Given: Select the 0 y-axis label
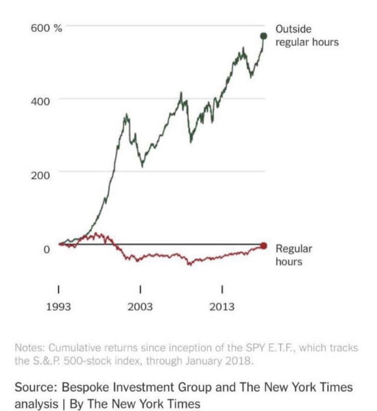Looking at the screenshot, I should click(46, 250).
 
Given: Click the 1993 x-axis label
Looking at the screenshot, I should click(59, 307).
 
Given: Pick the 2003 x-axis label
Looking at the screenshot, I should click(140, 307).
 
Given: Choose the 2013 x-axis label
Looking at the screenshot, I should click(222, 307).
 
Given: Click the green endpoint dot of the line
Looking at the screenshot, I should click(264, 35).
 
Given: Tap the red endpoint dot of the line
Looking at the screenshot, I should click(264, 246).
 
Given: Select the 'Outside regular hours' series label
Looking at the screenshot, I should click(307, 35).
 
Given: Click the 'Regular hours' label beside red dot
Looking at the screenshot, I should click(294, 255).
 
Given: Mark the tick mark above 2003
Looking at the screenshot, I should click(140, 288).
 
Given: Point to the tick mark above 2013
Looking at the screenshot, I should click(222, 288).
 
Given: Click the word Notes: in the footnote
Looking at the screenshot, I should click(30, 348).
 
